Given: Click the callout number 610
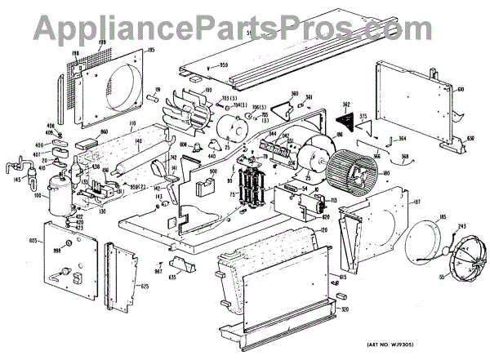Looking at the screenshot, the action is coord(460,89).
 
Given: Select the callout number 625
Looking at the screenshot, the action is coord(144,287).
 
